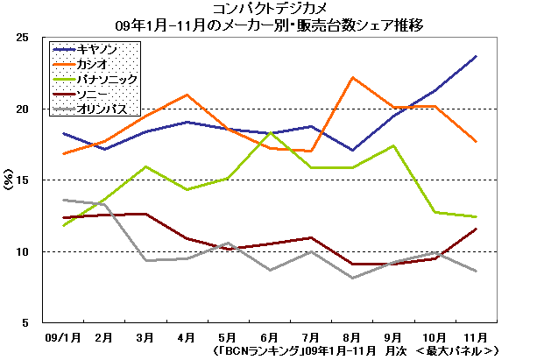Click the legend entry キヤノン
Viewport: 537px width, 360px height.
(x=98, y=49)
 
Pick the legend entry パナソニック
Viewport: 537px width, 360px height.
(x=105, y=80)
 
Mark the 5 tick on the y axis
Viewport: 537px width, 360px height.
(x=28, y=322)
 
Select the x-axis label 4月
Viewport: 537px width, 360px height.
(x=185, y=336)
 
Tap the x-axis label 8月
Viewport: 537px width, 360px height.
(x=351, y=336)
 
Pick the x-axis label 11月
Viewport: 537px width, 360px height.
(x=475, y=336)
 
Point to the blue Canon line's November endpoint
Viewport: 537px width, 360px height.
(x=476, y=56)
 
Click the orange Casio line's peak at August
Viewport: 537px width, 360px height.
(x=352, y=78)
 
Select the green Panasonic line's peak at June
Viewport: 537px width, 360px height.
(x=269, y=132)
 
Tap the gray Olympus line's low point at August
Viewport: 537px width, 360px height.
(x=352, y=278)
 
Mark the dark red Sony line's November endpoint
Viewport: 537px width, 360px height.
(x=476, y=229)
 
